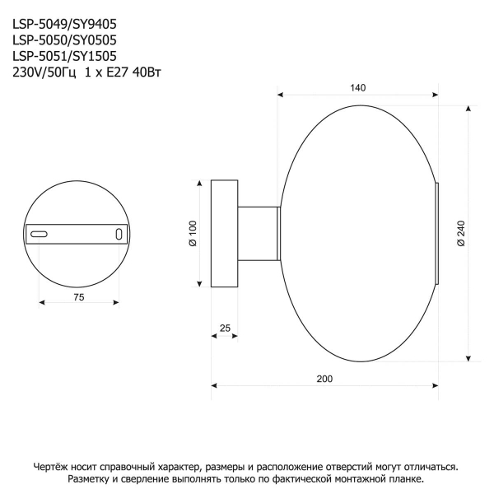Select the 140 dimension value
[x=357, y=88]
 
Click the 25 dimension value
[x=225, y=328]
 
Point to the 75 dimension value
[x=79, y=297]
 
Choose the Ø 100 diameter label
[x=192, y=233]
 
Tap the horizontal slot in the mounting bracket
[x=39, y=235]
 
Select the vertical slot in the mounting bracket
[x=119, y=235]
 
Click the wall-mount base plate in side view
[x=225, y=234]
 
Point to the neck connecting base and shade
[x=259, y=234]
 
